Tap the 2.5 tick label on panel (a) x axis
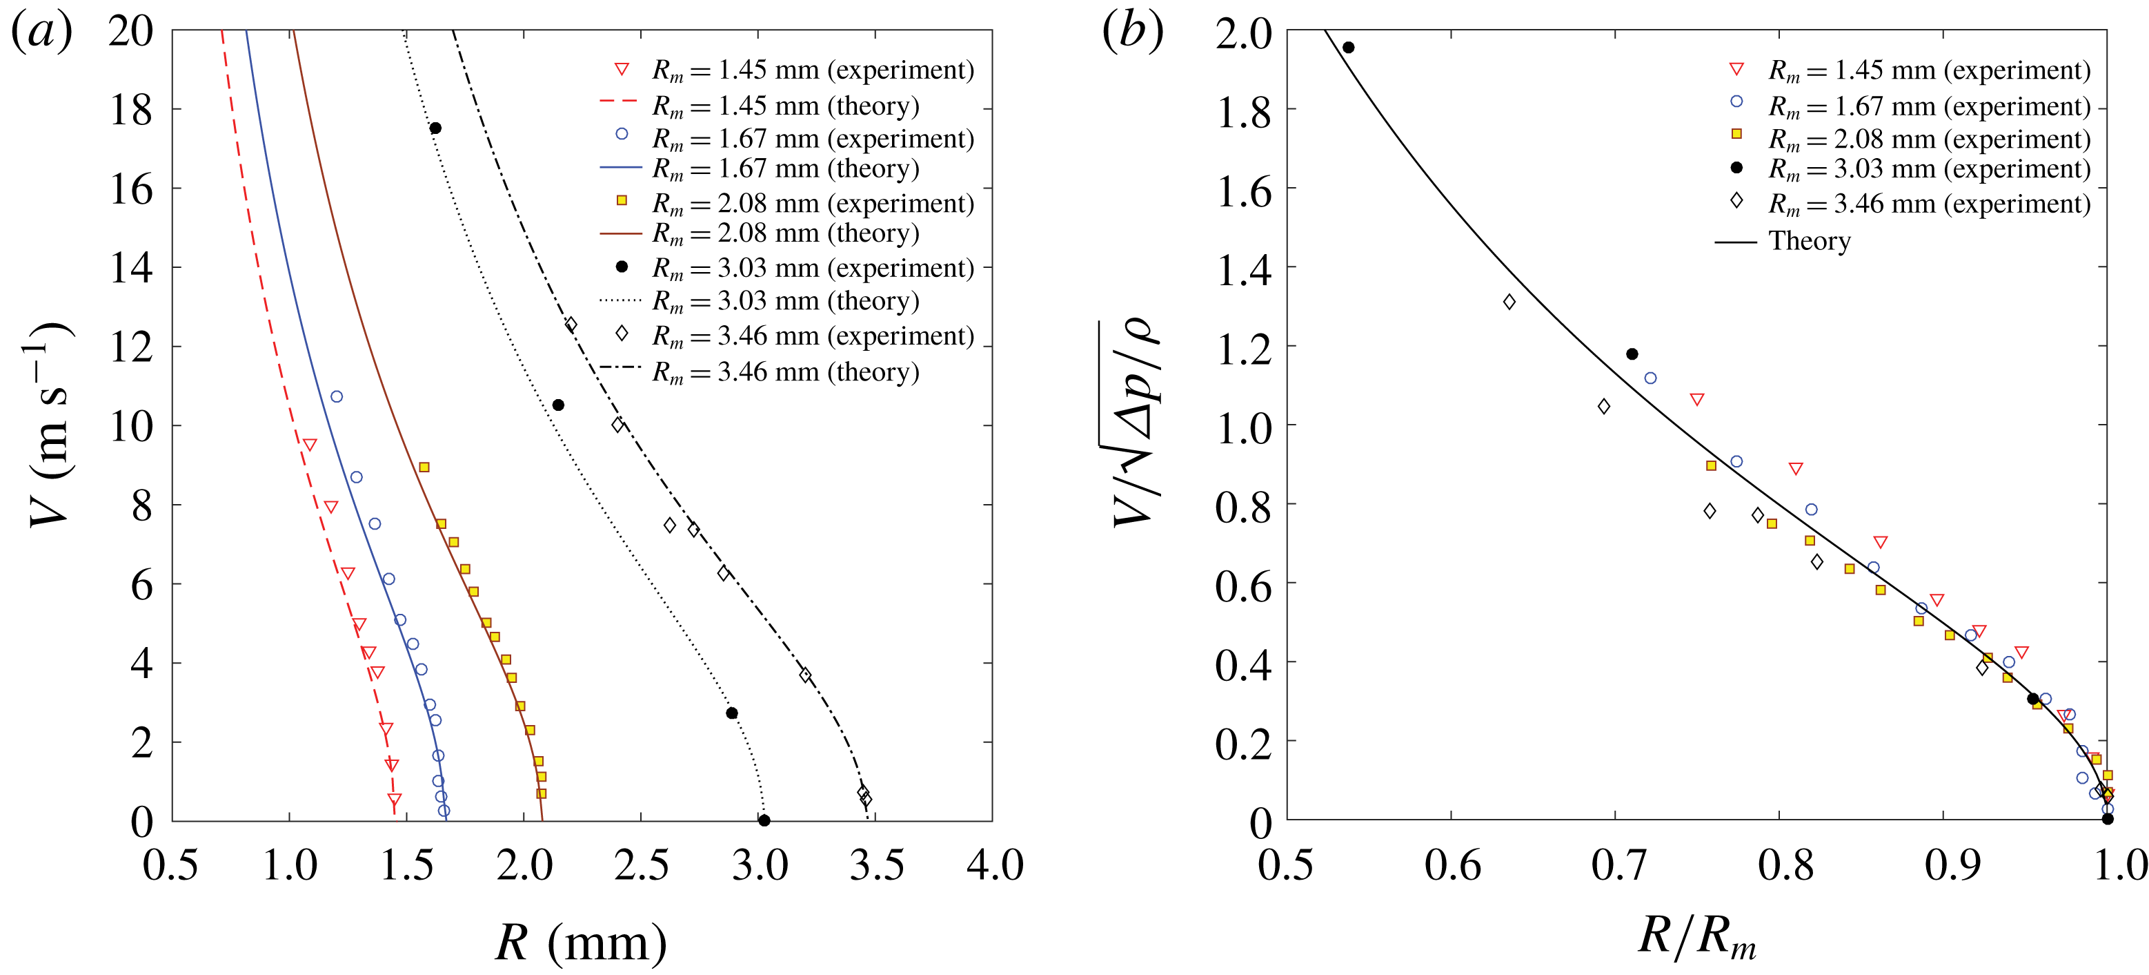click(x=642, y=865)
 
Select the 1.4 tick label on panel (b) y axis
click(x=1243, y=269)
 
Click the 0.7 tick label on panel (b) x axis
click(x=1617, y=865)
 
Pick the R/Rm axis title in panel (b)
click(x=1697, y=936)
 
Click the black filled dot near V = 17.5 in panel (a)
click(x=435, y=128)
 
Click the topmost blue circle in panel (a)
click(x=336, y=396)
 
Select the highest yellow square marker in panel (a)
click(x=424, y=467)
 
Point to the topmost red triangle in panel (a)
click(x=310, y=445)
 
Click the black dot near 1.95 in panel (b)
click(x=1348, y=48)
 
